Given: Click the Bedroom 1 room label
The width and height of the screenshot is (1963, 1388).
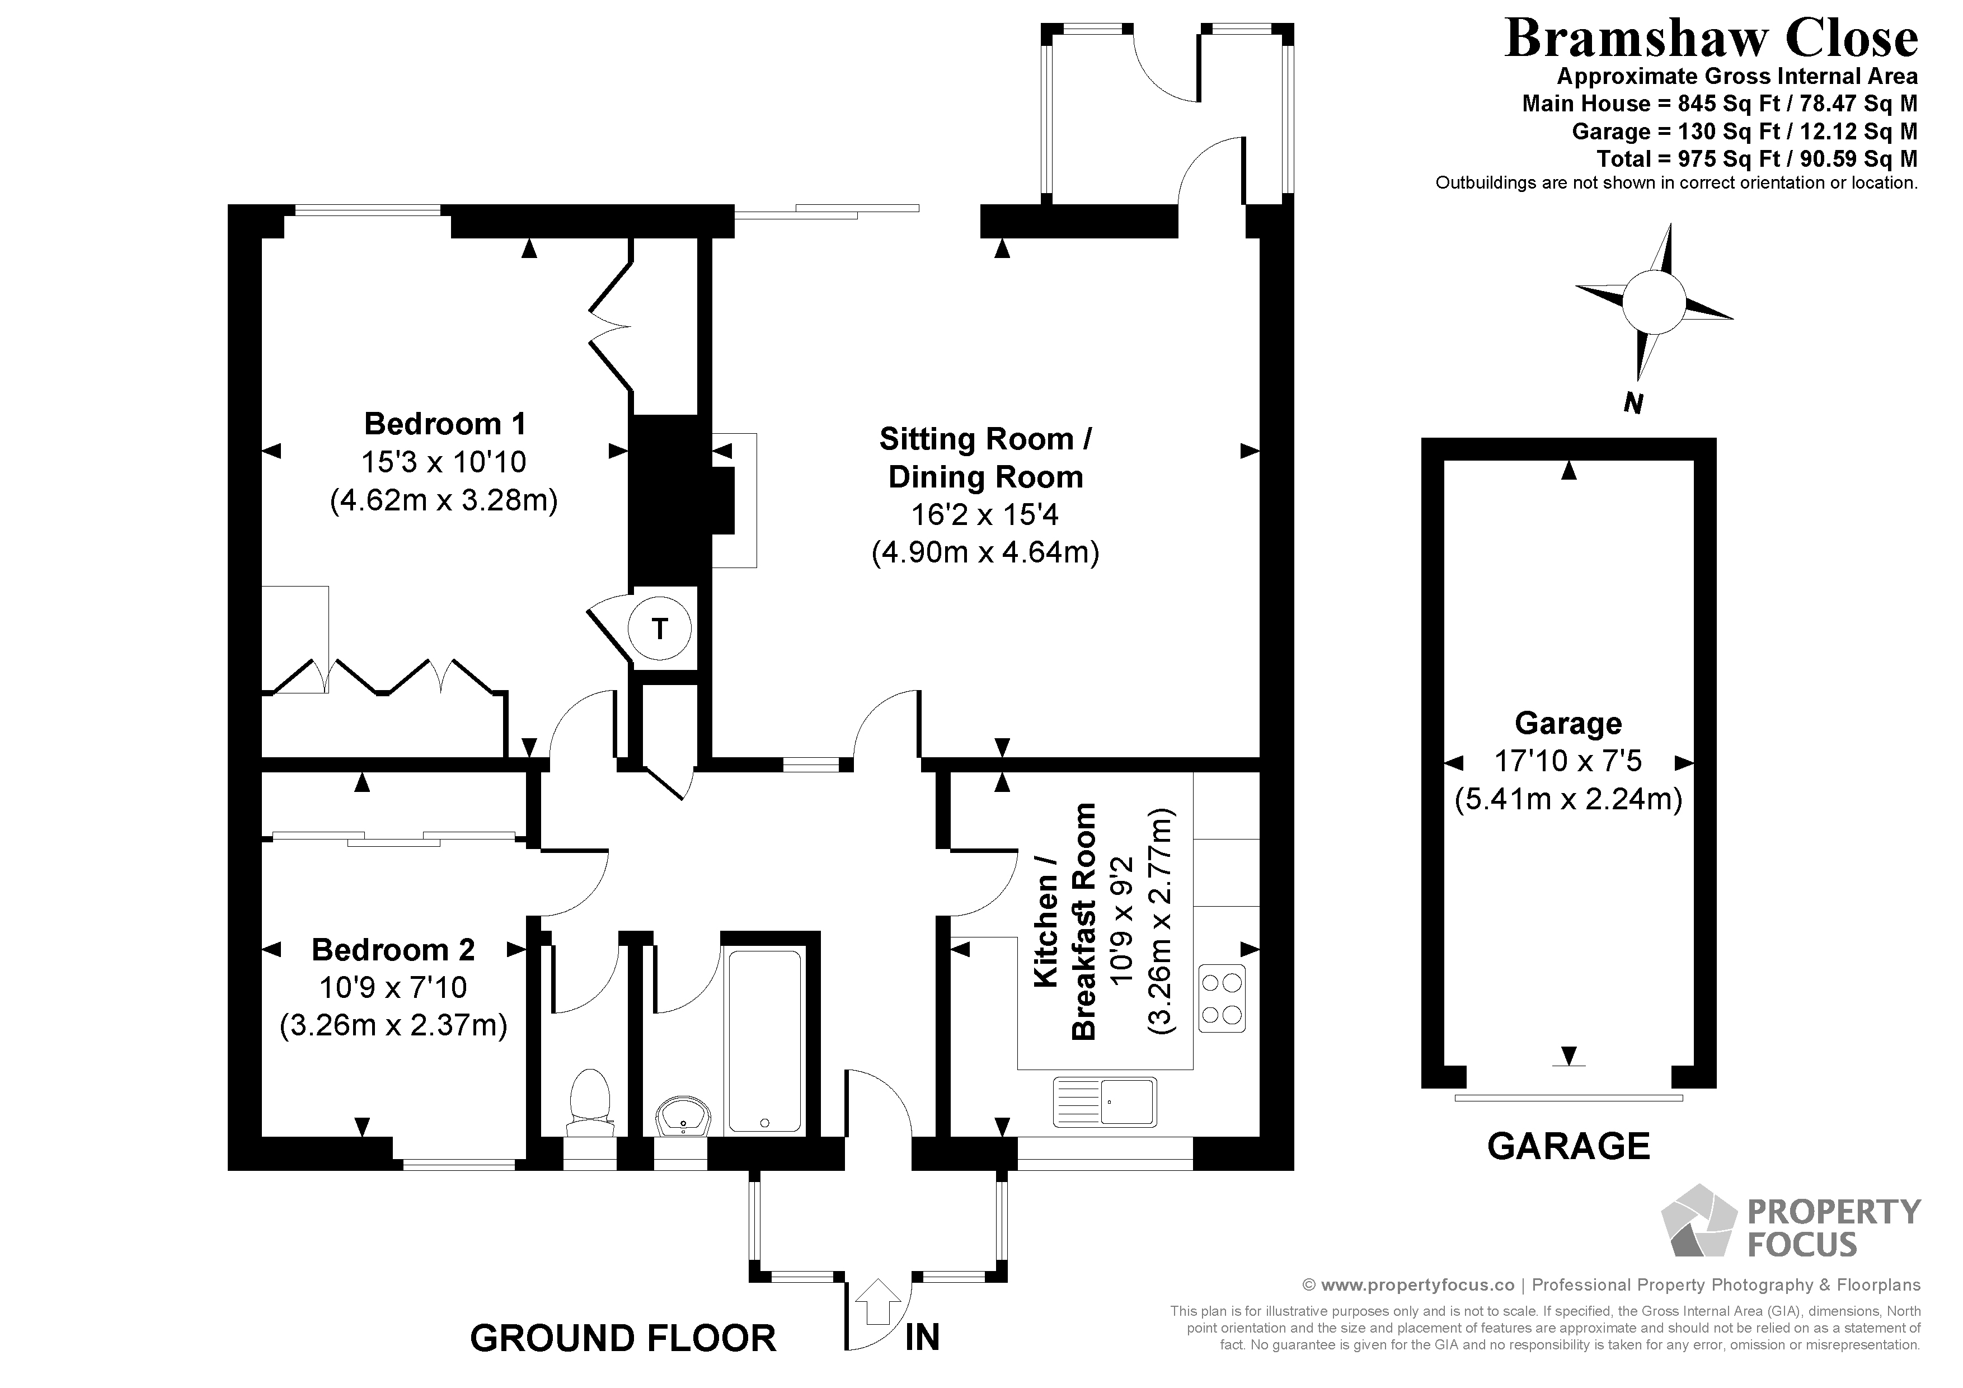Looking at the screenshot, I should click(x=444, y=423).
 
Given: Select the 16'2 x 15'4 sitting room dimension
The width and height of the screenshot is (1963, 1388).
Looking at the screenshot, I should click(x=985, y=515).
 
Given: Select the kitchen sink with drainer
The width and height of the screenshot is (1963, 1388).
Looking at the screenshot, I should click(x=1105, y=1101).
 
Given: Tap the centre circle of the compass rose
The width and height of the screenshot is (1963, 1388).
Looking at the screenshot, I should click(x=1654, y=302).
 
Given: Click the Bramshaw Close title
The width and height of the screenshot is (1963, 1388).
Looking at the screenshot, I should click(x=1711, y=39).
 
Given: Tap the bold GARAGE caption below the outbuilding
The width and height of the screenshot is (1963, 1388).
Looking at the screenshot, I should click(x=1568, y=1146).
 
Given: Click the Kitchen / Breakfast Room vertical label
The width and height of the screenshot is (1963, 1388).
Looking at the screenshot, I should click(x=1064, y=921).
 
